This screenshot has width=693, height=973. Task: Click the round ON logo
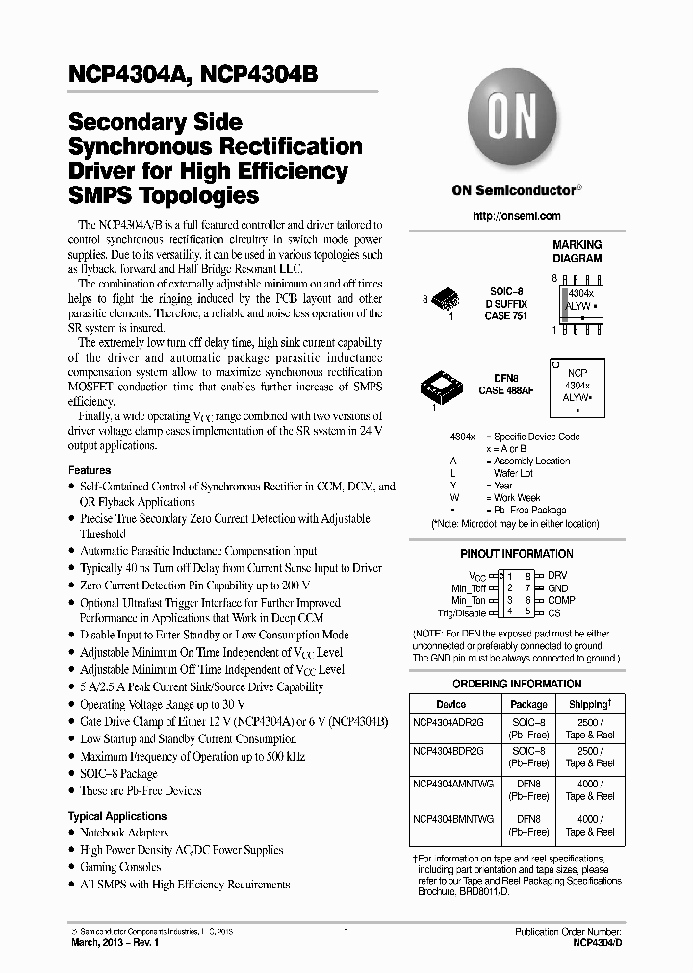point(516,126)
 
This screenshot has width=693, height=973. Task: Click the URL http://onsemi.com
point(517,216)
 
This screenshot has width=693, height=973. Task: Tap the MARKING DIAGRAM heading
point(577,252)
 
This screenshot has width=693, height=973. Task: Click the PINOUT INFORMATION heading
point(516,554)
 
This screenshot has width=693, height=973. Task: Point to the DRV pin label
point(557,575)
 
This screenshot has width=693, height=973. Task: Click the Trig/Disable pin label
point(463,612)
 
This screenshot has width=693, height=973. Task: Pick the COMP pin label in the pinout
point(561,600)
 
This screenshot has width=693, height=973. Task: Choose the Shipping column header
point(589,704)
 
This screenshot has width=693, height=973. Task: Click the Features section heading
point(90,470)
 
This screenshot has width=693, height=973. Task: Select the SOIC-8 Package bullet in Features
point(118,773)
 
